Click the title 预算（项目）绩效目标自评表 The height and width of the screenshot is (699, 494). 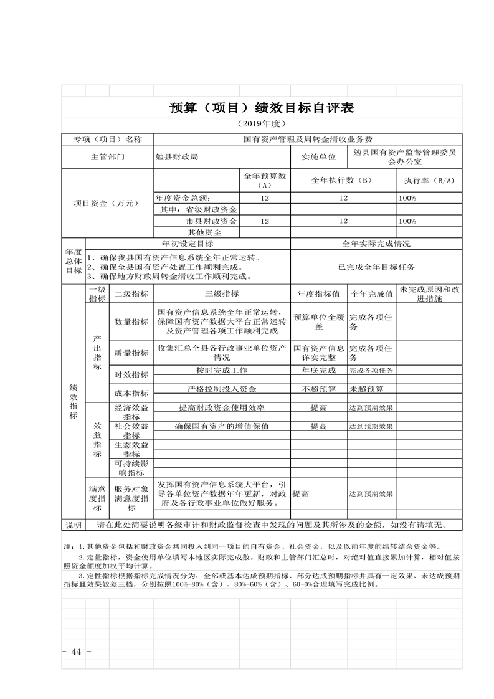point(262,108)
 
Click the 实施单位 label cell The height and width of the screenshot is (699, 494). point(318,157)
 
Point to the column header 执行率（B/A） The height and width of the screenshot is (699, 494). point(429,180)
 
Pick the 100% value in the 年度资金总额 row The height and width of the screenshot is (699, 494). point(407,197)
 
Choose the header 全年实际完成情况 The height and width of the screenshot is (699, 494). point(376,244)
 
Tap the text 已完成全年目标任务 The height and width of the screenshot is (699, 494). point(376,267)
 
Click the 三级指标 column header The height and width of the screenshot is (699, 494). point(222,293)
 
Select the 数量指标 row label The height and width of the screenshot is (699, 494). point(131,321)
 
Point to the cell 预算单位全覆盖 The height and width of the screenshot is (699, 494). point(318,321)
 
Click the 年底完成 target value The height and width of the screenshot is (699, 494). point(318,371)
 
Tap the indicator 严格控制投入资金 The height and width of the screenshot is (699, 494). point(222,389)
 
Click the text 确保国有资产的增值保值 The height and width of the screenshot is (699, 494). point(222,427)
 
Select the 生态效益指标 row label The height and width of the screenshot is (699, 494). point(131,449)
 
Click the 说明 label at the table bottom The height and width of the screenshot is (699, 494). point(73,525)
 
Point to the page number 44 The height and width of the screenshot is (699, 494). point(77,652)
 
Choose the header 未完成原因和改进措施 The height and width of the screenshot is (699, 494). point(429,293)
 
